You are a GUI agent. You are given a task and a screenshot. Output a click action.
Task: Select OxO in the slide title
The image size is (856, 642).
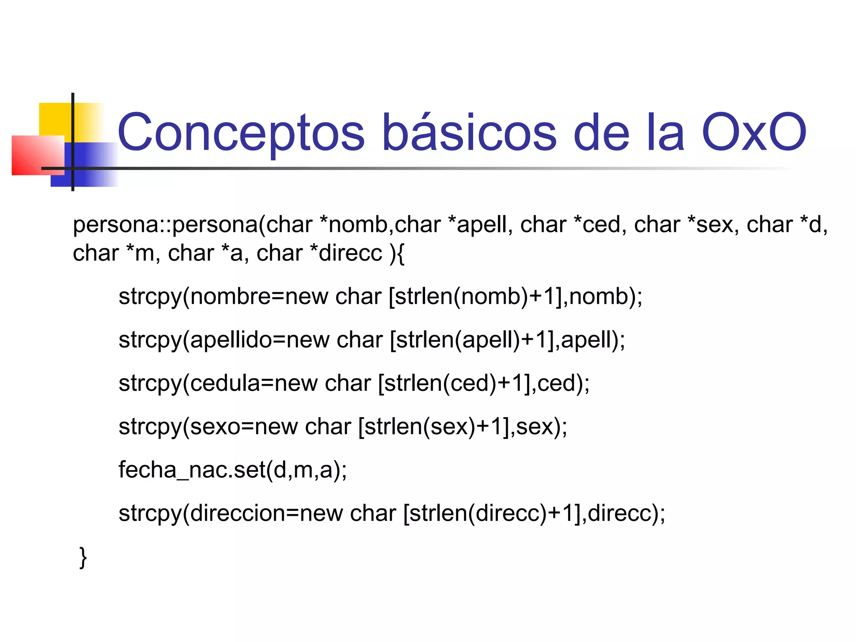pyautogui.click(x=754, y=132)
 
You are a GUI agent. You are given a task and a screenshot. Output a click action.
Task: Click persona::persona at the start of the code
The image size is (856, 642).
pyautogui.click(x=166, y=225)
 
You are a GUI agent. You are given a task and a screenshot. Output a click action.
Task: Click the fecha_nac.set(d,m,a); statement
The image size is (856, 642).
pyautogui.click(x=232, y=470)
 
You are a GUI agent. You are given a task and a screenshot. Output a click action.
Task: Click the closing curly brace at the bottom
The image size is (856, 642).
pyautogui.click(x=83, y=558)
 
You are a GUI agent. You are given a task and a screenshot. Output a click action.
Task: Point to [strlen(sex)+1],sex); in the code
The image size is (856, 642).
pyautogui.click(x=463, y=427)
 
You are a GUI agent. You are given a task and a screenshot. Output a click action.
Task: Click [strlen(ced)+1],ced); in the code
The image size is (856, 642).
pyautogui.click(x=484, y=384)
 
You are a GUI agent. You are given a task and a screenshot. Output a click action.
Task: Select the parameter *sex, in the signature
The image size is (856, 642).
pyautogui.click(x=714, y=225)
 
